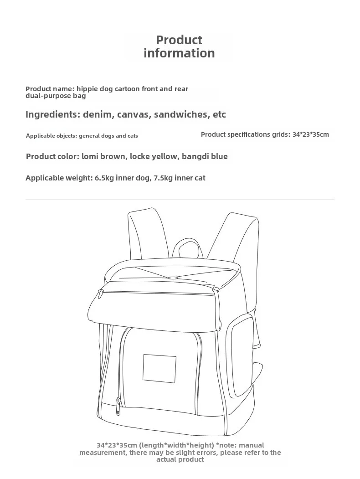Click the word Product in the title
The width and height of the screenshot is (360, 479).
pyautogui.click(x=179, y=40)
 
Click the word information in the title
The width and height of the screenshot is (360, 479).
pyautogui.click(x=179, y=53)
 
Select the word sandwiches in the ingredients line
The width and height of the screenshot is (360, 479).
pyautogui.click(x=181, y=114)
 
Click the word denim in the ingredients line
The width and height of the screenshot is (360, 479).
pyautogui.click(x=98, y=114)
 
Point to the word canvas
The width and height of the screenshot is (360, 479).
pyautogui.click(x=133, y=114)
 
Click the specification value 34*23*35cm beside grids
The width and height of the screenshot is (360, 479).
pyautogui.click(x=310, y=134)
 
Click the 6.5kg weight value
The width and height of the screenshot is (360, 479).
pyautogui.click(x=104, y=178)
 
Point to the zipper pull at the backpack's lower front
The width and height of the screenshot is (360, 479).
pyautogui.click(x=118, y=406)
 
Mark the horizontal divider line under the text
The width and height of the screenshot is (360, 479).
pyautogui.click(x=180, y=200)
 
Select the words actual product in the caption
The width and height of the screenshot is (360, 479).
pyautogui.click(x=180, y=459)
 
